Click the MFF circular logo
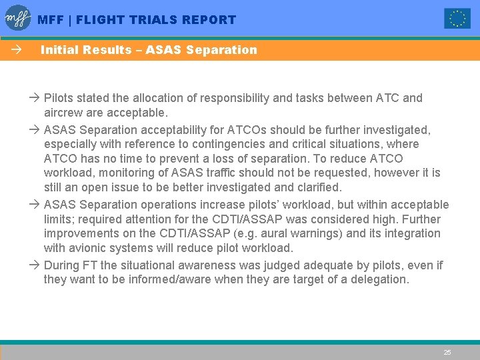coord(18,18)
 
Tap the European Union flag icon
coord(457,19)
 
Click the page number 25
coord(447,352)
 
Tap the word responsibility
coord(231,98)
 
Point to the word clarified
coord(317,187)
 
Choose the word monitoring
coord(127,173)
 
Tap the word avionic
coord(90,248)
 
